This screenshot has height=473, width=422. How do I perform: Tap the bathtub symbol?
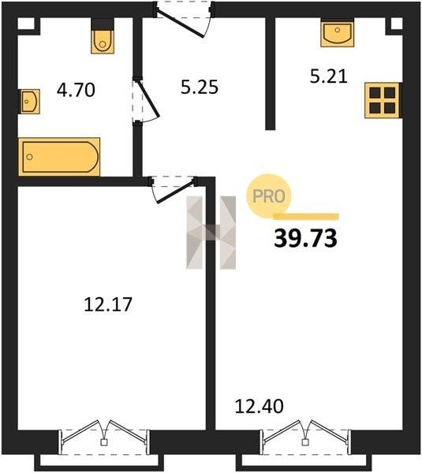click(x=59, y=157)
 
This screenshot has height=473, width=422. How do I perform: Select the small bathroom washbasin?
click(x=30, y=102)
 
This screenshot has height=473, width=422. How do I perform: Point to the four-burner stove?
click(x=383, y=100)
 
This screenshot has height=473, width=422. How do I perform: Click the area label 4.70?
click(x=76, y=90)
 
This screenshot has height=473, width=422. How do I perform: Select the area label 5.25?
click(x=200, y=88)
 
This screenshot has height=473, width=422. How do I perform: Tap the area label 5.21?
click(x=329, y=76)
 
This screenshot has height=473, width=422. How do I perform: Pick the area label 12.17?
click(x=108, y=304)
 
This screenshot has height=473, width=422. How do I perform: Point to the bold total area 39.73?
click(x=305, y=238)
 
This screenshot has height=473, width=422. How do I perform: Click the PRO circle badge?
click(x=269, y=196)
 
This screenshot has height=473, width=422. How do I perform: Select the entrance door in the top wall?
click(x=184, y=19)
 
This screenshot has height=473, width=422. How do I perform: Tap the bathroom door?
click(x=145, y=101)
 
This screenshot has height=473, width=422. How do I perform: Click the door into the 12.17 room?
click(x=174, y=189)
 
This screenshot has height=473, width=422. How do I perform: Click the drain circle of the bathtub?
click(x=30, y=157)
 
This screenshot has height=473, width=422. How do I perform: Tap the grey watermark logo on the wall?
click(x=211, y=233)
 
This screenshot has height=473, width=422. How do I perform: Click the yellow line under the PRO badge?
click(x=306, y=216)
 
